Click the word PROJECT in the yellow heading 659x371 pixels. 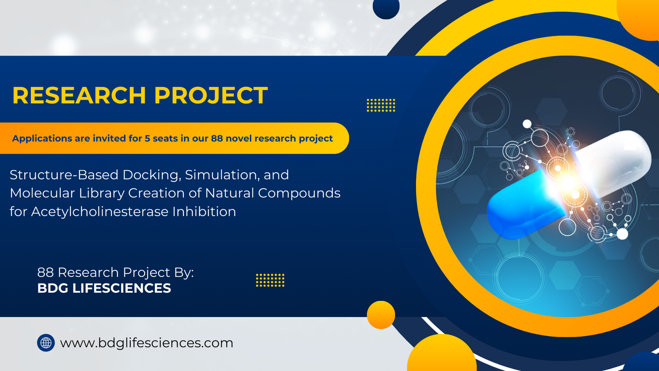point(211,96)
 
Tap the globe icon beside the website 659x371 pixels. point(46,343)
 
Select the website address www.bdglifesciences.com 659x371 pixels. point(147,343)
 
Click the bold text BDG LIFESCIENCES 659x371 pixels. point(104,288)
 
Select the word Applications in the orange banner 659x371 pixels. point(42,139)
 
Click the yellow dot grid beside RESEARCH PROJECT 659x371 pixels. point(381,105)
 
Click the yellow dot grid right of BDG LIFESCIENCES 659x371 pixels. point(270,280)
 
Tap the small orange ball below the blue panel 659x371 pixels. point(381,315)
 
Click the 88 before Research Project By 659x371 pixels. point(45,272)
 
